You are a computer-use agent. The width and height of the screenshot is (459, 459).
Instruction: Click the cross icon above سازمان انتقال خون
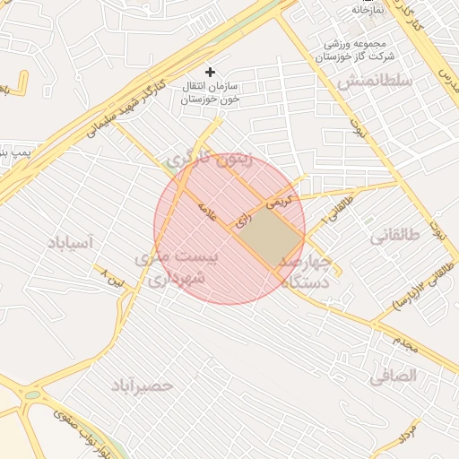(x=211, y=71)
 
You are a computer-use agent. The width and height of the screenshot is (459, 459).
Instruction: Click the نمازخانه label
(x=367, y=9)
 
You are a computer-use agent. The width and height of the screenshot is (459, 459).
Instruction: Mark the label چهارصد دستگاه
(x=306, y=272)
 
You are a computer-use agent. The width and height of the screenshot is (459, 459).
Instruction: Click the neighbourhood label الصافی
(x=394, y=377)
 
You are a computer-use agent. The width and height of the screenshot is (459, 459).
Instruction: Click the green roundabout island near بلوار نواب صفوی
(x=31, y=394)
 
